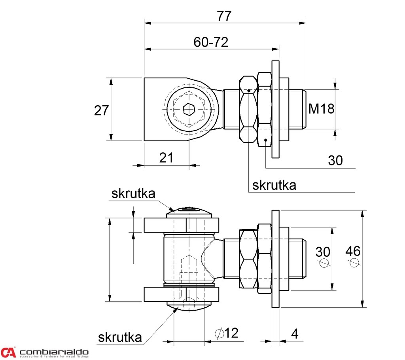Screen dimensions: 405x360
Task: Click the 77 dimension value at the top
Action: pyautogui.click(x=224, y=16)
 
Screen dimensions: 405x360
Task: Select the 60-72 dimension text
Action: pyautogui.click(x=211, y=42)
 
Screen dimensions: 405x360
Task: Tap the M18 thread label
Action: pyautogui.click(x=321, y=108)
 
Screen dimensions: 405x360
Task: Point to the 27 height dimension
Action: pyautogui.click(x=101, y=110)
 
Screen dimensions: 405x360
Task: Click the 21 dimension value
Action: pyautogui.click(x=167, y=157)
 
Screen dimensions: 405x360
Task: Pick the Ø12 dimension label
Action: pyautogui.click(x=227, y=333)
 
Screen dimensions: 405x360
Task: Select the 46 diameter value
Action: pyautogui.click(x=353, y=251)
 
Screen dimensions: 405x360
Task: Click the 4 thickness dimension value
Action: pyautogui.click(x=295, y=334)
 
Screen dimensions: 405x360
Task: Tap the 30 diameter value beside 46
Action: pyautogui.click(x=323, y=252)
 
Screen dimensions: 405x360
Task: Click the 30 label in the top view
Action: pyautogui.click(x=335, y=160)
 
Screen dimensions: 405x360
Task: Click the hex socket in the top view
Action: pyautogui.click(x=189, y=110)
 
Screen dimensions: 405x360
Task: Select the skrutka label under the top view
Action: pyautogui.click(x=274, y=185)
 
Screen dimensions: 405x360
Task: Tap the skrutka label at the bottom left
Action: pyautogui.click(x=120, y=337)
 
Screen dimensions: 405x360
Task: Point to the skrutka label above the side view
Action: pyautogui.click(x=133, y=193)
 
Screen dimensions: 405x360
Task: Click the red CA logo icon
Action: pyautogui.click(x=8, y=352)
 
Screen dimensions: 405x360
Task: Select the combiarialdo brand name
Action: pyautogui.click(x=54, y=352)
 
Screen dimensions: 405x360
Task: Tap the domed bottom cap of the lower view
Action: pyautogui.click(x=189, y=306)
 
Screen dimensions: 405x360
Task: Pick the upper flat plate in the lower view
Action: pyautogui.click(x=182, y=225)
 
